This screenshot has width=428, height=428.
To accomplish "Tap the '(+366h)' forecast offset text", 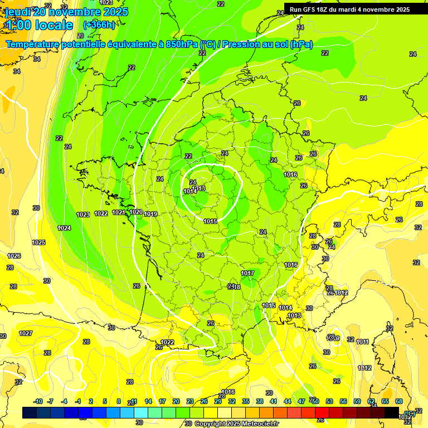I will [x=99, y=25].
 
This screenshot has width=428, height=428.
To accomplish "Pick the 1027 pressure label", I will [x=26, y=333].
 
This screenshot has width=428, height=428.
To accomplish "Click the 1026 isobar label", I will [x=14, y=256].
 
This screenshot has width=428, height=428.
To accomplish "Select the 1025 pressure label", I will [x=38, y=242].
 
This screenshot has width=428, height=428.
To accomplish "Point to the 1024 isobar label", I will [x=64, y=228].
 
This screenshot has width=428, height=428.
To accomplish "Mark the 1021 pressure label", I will [x=119, y=212].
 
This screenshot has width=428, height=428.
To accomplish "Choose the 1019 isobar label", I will [x=150, y=214].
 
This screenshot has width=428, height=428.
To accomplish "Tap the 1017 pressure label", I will [x=247, y=273].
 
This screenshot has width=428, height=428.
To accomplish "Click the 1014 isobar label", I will [x=286, y=308].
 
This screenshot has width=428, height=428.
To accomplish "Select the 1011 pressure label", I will [x=362, y=342].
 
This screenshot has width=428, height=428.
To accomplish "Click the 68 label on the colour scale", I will [x=399, y=401].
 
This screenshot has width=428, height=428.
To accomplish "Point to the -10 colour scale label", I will [x=38, y=401].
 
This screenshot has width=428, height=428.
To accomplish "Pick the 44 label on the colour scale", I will [x=288, y=401].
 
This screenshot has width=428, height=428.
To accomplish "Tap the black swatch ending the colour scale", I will [x=392, y=412].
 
